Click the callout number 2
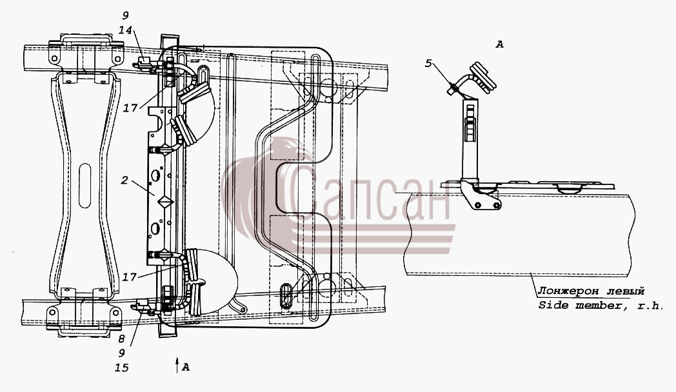(124, 180)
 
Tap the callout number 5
(428, 63)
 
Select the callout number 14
(125, 30)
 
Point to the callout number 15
(122, 368)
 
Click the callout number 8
(121, 339)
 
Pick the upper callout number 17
(131, 108)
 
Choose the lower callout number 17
(129, 277)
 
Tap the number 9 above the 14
(125, 16)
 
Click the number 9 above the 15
(121, 353)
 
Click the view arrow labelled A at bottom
(177, 366)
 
